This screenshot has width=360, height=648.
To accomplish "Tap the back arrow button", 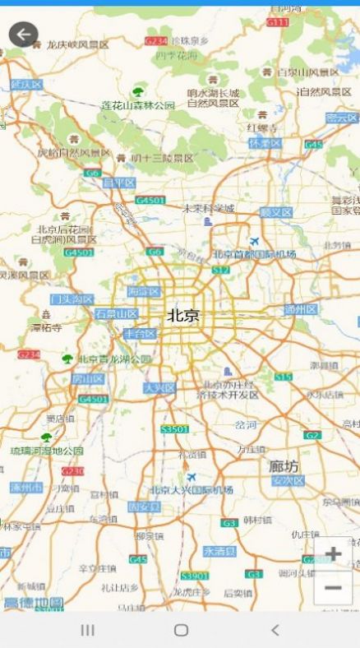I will click(x=23, y=35).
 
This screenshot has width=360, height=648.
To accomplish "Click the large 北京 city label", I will click(x=183, y=315).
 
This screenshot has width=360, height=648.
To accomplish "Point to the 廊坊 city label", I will click(x=284, y=466).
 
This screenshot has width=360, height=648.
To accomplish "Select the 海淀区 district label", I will click(x=145, y=291).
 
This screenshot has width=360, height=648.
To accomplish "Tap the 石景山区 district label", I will click(x=116, y=313).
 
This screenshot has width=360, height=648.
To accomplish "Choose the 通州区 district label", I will click(x=300, y=309).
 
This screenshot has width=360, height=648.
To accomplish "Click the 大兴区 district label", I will click(x=159, y=387).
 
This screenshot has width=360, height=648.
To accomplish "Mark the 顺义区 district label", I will click(x=276, y=212).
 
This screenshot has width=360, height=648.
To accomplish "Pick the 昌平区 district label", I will click(x=118, y=183).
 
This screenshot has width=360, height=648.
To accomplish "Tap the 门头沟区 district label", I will click(x=72, y=299).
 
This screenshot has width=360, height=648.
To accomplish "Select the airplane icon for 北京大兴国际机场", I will click(x=192, y=477).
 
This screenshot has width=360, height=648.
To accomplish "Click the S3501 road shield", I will click(x=174, y=429).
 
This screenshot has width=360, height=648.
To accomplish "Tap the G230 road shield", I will click(x=72, y=471).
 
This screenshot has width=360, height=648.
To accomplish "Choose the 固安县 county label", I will click(x=144, y=507).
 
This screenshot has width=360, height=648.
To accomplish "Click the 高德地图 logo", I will click(x=33, y=603).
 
